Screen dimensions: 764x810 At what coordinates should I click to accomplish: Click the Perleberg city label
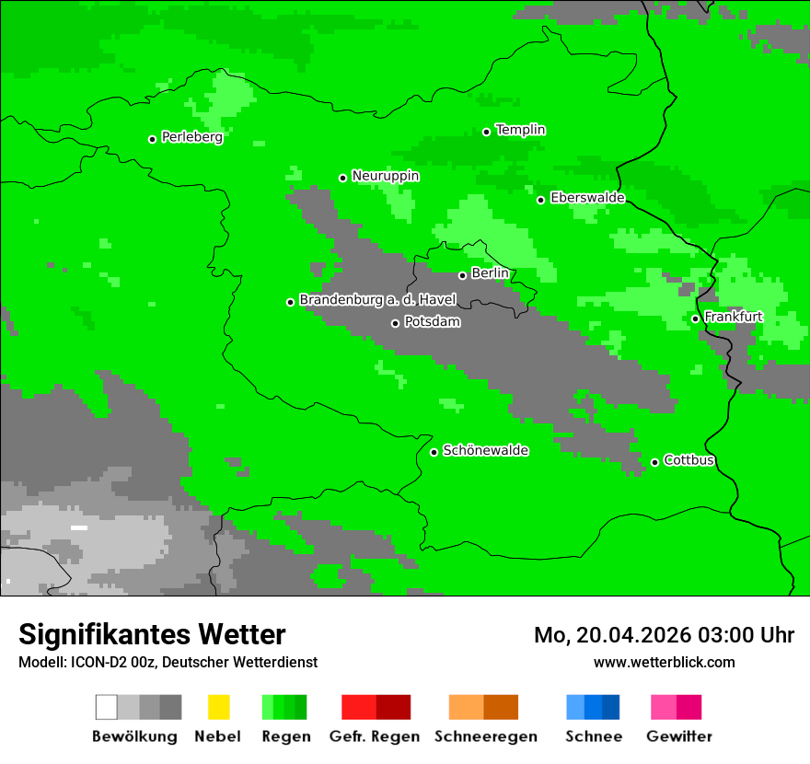(x=191, y=137)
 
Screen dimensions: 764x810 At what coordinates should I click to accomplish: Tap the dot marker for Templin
(x=486, y=132)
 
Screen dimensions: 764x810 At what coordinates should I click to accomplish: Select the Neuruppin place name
(x=385, y=176)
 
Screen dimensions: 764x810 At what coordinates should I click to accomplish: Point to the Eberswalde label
(x=587, y=198)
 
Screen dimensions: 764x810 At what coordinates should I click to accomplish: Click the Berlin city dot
(x=462, y=275)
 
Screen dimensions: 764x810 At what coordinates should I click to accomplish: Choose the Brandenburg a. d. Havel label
(x=377, y=300)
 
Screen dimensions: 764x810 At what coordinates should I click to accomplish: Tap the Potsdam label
(x=432, y=322)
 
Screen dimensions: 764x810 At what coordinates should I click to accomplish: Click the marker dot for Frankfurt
(x=695, y=318)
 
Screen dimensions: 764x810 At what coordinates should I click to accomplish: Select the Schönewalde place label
(x=485, y=450)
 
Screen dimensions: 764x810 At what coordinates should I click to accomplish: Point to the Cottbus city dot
(x=654, y=462)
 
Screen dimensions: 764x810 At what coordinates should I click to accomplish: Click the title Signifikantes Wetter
(x=152, y=634)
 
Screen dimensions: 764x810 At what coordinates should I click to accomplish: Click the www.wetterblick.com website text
(x=664, y=662)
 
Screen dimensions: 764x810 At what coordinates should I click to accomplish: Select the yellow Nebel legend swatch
(x=218, y=707)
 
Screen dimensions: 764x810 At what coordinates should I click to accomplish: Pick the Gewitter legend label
(x=678, y=736)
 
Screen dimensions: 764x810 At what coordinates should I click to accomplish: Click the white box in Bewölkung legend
(x=107, y=707)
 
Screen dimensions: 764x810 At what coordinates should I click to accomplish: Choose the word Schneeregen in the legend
(x=485, y=736)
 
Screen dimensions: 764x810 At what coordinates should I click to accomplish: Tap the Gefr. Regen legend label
(x=375, y=736)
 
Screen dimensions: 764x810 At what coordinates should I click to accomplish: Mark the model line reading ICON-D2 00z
(x=168, y=662)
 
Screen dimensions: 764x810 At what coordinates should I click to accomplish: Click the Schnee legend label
(x=594, y=736)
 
